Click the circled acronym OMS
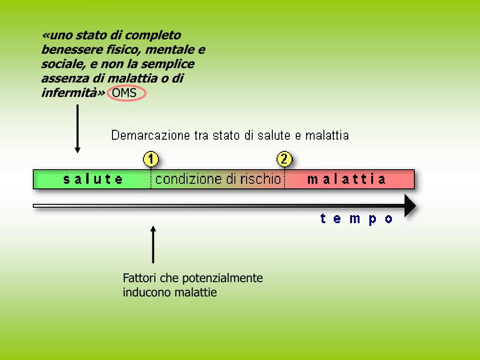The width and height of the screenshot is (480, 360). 124,93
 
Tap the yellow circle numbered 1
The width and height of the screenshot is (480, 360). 150,159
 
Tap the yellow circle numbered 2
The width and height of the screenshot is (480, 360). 285,159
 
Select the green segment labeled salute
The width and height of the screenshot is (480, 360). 93,179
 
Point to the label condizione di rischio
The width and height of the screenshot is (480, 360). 218,179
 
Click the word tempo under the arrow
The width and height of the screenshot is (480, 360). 356,218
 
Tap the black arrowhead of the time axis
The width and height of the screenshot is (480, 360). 410,206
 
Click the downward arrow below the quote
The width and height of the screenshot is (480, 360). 77,129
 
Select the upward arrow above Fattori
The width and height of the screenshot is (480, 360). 153,244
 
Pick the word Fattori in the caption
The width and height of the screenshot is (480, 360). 140,278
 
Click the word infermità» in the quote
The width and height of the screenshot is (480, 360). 73,93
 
